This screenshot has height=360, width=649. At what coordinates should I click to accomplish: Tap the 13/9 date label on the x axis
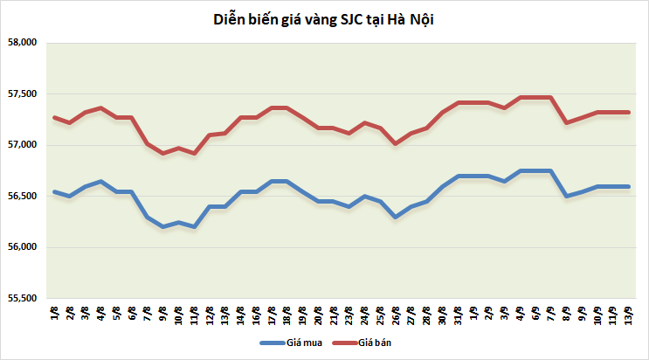click(628, 315)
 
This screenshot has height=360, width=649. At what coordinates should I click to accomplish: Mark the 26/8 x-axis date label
click(396, 315)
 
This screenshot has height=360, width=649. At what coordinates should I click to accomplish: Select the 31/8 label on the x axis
click(457, 315)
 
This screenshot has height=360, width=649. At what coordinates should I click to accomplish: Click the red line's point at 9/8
click(162, 153)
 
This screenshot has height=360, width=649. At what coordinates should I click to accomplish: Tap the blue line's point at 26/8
click(396, 217)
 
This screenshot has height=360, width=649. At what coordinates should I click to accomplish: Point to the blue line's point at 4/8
click(101, 181)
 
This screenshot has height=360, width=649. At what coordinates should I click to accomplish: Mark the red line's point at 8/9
click(567, 122)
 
